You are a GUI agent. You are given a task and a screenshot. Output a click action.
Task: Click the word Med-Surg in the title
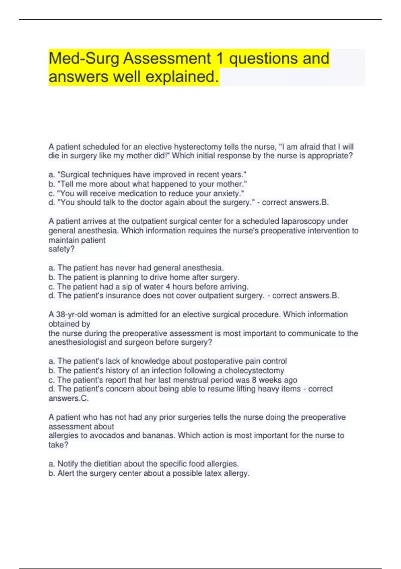(x=84, y=59)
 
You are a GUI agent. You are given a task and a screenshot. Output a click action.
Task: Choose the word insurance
(x=123, y=296)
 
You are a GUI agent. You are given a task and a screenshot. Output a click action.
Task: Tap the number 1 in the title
(x=220, y=59)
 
